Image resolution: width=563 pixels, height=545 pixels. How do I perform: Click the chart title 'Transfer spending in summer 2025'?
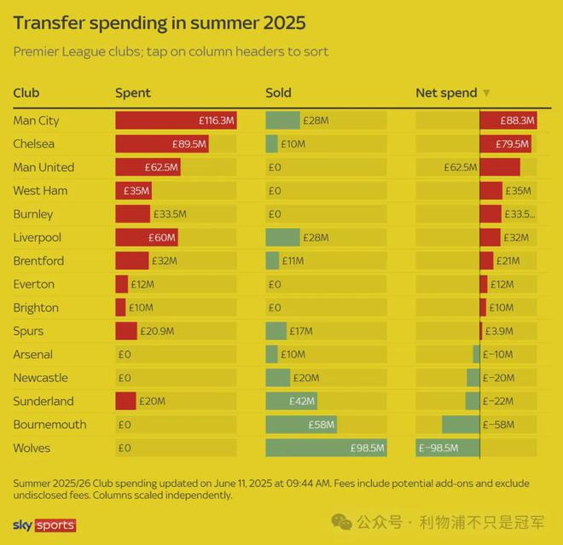point(160,21)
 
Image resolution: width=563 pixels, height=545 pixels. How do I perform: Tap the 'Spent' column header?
point(133,93)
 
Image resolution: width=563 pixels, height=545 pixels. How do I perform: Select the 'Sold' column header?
point(278,93)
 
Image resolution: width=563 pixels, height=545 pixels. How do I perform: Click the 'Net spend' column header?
point(446,93)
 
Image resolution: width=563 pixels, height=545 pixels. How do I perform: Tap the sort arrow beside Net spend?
point(486,93)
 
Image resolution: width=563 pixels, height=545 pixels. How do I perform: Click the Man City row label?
point(37,121)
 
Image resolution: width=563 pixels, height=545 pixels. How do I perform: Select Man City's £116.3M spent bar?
point(175,121)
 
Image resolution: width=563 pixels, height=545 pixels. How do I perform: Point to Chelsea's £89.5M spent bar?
point(162,144)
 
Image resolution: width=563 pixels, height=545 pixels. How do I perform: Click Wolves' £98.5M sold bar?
point(326,448)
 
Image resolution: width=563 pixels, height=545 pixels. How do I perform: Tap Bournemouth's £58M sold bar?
point(300,424)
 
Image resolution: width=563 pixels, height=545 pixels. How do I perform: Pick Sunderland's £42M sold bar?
point(291,401)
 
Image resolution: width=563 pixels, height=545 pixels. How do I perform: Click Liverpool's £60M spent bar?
point(146,237)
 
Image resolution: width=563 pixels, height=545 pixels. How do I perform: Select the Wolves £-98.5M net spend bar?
point(448,448)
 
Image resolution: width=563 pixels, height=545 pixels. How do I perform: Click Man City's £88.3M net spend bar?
point(508,121)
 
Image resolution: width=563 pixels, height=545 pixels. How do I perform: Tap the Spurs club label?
point(28,331)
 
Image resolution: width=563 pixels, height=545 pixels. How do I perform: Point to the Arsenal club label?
point(33,354)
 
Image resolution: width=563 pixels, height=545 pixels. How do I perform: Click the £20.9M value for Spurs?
point(157,331)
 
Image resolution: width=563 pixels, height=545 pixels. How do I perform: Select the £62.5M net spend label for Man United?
point(460,167)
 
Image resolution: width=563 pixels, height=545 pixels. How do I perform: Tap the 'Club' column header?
point(26,93)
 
